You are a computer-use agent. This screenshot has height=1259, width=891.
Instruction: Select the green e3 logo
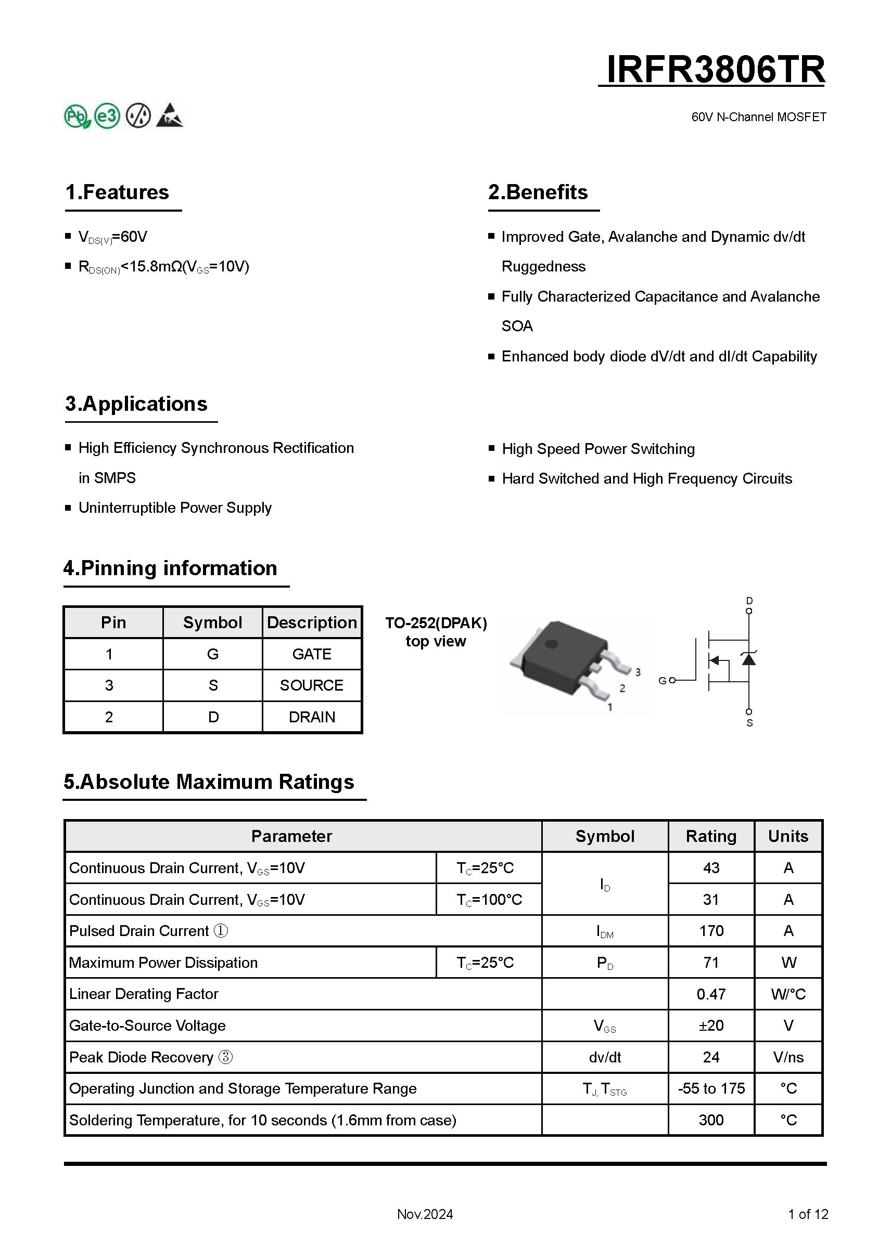pos(107,115)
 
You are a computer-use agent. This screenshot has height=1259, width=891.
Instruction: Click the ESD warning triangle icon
pos(170,115)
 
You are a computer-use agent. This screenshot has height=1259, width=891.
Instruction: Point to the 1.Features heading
pos(117,192)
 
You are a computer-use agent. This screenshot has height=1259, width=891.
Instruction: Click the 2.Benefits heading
pos(538,192)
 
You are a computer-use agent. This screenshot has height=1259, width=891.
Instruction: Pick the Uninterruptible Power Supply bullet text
pos(175,508)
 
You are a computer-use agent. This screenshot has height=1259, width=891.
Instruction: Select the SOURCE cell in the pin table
pos(312,685)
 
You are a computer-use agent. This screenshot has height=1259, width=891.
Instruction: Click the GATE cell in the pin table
pos(312,654)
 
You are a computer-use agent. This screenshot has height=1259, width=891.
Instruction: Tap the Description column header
pos(312,622)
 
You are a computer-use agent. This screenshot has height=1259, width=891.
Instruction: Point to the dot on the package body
pos(552,643)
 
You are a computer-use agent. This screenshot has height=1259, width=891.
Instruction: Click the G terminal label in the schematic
pos(662,681)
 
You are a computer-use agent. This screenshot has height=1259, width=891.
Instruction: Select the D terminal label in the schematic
pos(749,601)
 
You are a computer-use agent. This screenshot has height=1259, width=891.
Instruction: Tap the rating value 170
pos(711,931)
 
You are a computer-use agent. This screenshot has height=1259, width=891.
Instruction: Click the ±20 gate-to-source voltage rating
pos(711,1026)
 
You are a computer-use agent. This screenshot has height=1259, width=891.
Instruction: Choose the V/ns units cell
pos(788,1057)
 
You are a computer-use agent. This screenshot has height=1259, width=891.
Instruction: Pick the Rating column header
pos(711,836)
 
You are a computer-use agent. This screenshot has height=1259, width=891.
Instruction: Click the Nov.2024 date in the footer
pos(425,1214)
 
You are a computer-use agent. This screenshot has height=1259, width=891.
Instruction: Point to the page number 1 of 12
pos(808,1214)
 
